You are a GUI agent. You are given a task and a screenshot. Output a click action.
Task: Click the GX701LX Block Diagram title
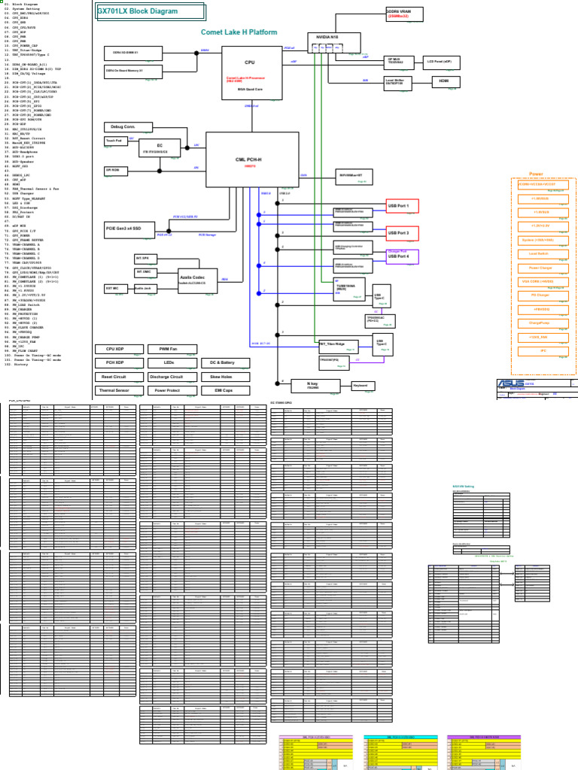150,12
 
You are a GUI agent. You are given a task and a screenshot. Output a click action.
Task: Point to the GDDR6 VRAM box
404,14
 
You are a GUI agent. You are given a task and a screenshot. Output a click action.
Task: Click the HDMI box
444,81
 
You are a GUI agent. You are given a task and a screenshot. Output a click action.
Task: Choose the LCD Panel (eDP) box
443,62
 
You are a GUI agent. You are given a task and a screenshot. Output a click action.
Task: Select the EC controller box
159,147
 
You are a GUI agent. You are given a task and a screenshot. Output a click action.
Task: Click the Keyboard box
364,386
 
